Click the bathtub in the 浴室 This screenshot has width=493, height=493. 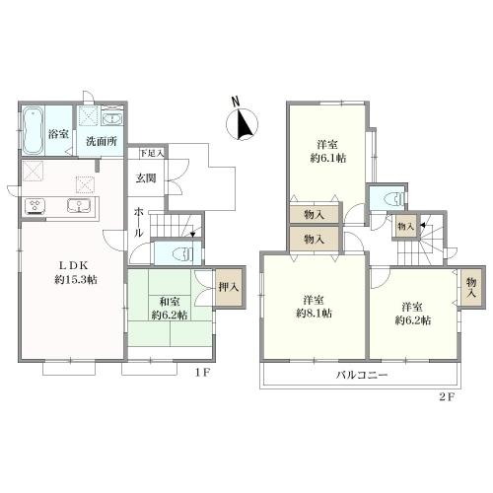pyautogui.click(x=33, y=130)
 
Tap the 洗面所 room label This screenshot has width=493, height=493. pyautogui.click(x=102, y=141)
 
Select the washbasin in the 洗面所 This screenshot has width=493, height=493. pyautogui.click(x=112, y=118)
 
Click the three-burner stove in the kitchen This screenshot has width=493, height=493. pyautogui.click(x=35, y=206)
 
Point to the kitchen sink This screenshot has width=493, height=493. pyautogui.click(x=79, y=206)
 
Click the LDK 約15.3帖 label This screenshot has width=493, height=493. pyautogui.click(x=76, y=272)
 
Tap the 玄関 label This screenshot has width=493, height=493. pyautogui.click(x=146, y=178)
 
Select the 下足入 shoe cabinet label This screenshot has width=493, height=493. pyautogui.click(x=152, y=153)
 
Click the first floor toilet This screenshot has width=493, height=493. pyautogui.click(x=182, y=253)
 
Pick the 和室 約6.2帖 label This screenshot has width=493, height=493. pyautogui.click(x=170, y=308)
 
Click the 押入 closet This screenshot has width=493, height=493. pyautogui.click(x=229, y=287)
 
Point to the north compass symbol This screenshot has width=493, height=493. pyautogui.click(x=243, y=121)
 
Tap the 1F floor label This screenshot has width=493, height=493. pyautogui.click(x=202, y=373)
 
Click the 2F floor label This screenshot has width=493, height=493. pyautogui.click(x=447, y=397)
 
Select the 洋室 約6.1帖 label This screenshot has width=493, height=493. pyautogui.click(x=328, y=152)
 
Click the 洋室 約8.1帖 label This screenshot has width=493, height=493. pyautogui.click(x=314, y=307)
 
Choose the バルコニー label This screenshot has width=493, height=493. pyautogui.click(x=362, y=375)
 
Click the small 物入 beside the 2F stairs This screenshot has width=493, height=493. pyautogui.click(x=406, y=226)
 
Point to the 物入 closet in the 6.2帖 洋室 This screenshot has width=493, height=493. pyautogui.click(x=471, y=287)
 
